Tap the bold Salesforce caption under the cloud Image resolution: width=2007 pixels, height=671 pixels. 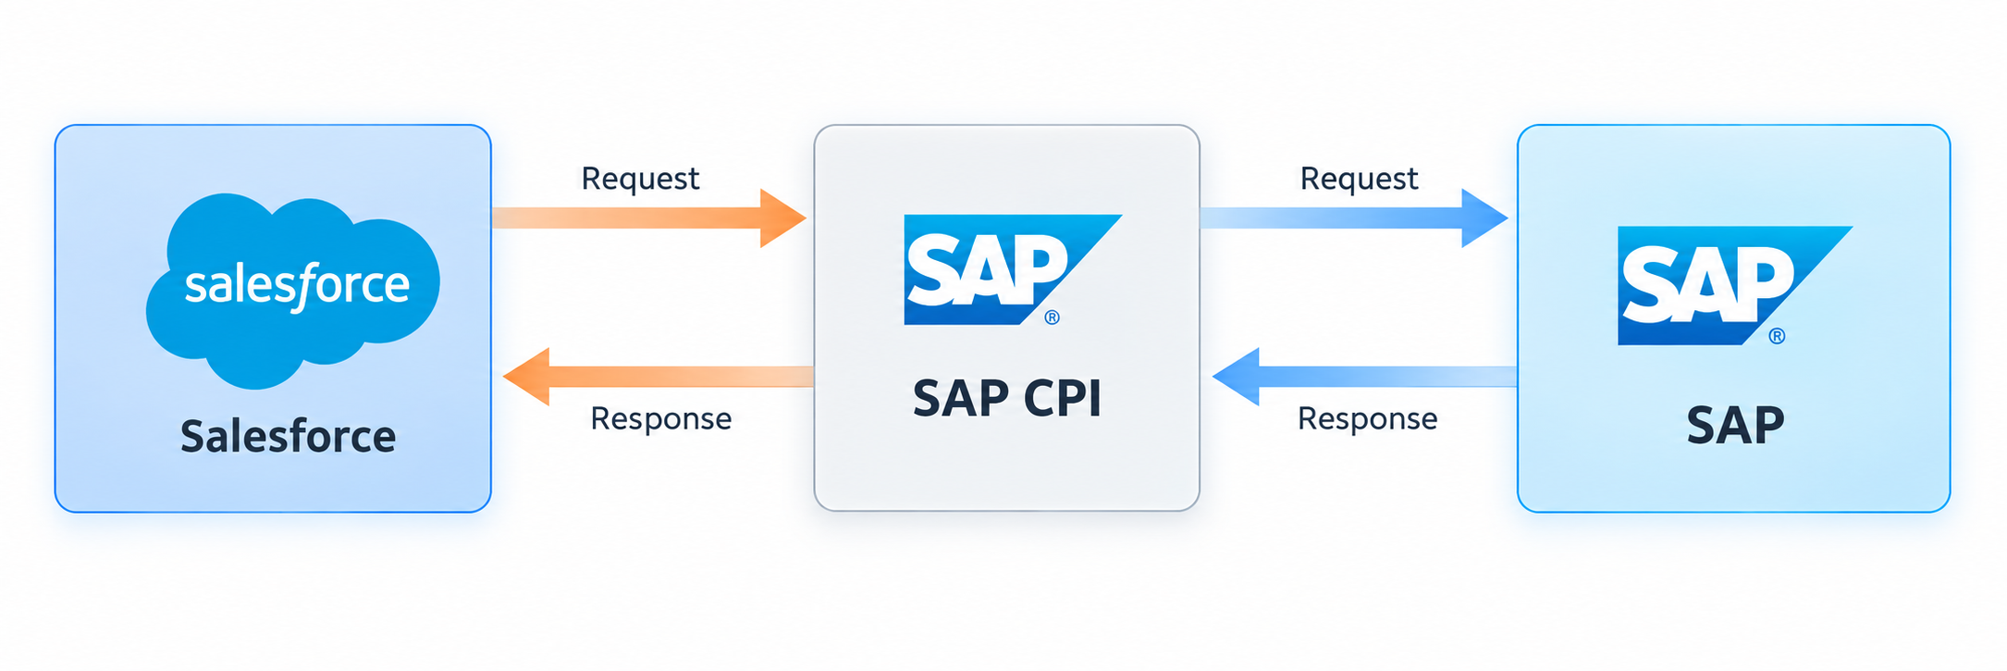pyautogui.click(x=289, y=436)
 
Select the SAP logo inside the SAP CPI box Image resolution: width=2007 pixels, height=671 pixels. pyautogui.click(x=1013, y=270)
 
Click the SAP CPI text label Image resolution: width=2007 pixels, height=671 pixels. pyautogui.click(x=1007, y=399)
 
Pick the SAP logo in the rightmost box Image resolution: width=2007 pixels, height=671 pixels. pyautogui.click(x=1734, y=286)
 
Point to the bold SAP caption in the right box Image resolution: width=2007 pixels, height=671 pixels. pyautogui.click(x=1735, y=426)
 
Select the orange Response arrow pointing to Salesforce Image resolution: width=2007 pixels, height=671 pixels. pyautogui.click(x=658, y=377)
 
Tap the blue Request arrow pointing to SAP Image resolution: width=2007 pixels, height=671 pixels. pyautogui.click(x=1354, y=218)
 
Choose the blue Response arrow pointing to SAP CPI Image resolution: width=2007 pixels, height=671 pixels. pyautogui.click(x=1364, y=377)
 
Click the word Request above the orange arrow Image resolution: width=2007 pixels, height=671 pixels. pyautogui.click(x=640, y=179)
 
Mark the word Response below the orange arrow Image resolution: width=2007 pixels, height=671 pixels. pyautogui.click(x=661, y=419)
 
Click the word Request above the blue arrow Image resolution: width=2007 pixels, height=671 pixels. pyautogui.click(x=1359, y=179)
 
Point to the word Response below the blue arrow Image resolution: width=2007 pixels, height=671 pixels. pyautogui.click(x=1368, y=419)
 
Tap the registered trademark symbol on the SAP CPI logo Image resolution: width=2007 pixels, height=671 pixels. pyautogui.click(x=1052, y=317)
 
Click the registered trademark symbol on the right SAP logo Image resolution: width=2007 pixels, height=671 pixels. pyautogui.click(x=1777, y=336)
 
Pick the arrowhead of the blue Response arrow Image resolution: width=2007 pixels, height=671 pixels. pyautogui.click(x=1236, y=377)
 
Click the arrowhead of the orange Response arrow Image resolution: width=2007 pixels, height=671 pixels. pyautogui.click(x=526, y=377)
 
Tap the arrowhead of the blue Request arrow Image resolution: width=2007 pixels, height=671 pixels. pyautogui.click(x=1484, y=218)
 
